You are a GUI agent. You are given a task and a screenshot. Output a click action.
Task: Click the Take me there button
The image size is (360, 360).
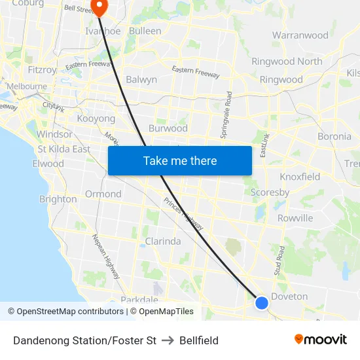[x=180, y=160]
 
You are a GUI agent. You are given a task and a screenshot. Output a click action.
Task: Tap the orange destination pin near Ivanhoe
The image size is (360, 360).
[x=99, y=7]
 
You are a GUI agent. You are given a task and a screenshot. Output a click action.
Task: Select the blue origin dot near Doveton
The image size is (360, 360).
[x=261, y=302]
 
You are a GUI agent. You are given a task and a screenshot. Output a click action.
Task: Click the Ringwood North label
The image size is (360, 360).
[x=287, y=62]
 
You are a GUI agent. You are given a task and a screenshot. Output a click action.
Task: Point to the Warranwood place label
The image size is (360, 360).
[x=300, y=35]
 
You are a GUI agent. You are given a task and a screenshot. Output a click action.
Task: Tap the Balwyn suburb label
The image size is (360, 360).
[x=141, y=80]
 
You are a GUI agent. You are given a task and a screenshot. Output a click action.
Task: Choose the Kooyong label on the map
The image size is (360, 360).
[x=96, y=119]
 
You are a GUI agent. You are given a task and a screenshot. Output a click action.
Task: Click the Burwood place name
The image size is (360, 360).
[x=168, y=128]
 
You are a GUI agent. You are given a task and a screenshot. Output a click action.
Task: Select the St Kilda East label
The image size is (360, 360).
[x=64, y=149]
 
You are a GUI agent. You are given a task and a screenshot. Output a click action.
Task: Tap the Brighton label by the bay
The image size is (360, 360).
[x=58, y=199]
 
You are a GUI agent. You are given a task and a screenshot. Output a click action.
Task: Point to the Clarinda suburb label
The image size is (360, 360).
[x=163, y=241]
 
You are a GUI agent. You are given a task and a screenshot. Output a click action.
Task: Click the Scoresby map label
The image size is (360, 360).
[x=270, y=192]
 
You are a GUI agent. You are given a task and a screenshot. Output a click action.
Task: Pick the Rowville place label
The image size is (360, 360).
[x=295, y=218]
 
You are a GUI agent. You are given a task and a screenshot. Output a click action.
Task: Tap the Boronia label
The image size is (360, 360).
[x=334, y=137]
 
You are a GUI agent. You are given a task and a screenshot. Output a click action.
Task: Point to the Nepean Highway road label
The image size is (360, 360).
[x=106, y=256]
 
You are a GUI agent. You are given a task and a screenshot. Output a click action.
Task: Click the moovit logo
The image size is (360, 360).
[x=320, y=339]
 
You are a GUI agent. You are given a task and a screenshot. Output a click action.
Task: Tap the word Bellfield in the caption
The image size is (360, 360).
[x=199, y=340]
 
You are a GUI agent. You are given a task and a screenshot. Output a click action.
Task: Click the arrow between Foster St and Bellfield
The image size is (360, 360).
[x=168, y=340]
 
